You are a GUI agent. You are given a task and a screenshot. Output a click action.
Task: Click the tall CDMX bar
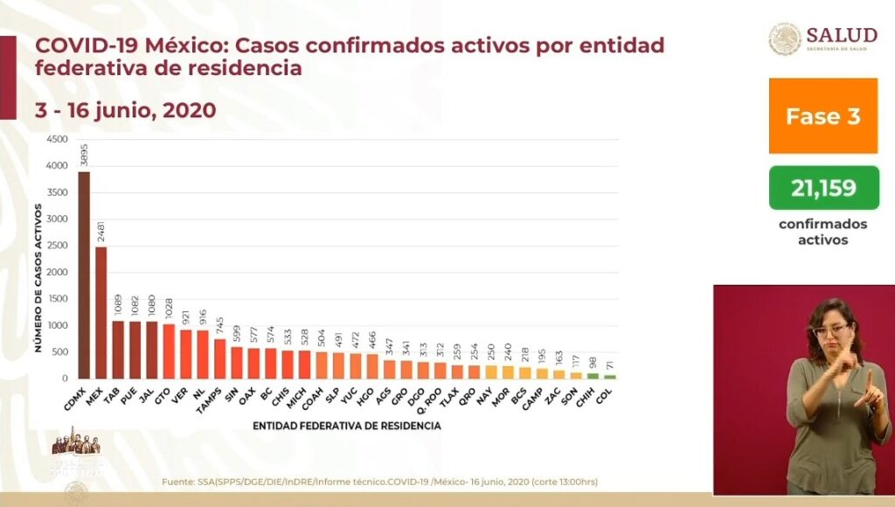click(x=84, y=274)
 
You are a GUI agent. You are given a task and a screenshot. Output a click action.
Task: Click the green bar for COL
click(x=609, y=377)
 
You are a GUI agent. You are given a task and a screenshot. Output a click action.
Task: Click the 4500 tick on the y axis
click(x=55, y=140)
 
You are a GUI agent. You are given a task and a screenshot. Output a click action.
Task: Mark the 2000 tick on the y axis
click(x=55, y=273)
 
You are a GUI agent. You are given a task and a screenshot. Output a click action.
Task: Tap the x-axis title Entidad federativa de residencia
click(x=347, y=427)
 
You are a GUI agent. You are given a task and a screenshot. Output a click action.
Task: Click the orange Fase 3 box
click(x=822, y=115)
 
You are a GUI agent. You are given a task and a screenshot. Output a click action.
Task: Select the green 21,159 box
click(x=823, y=187)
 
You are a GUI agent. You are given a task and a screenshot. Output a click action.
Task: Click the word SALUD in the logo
click(x=842, y=35)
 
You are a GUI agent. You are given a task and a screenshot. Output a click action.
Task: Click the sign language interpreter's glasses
click(x=831, y=331)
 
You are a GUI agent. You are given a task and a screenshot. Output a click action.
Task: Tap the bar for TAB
click(x=118, y=350)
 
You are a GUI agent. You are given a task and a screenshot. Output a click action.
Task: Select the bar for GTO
click(x=169, y=351)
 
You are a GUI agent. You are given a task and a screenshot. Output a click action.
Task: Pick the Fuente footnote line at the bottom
click(x=379, y=482)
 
